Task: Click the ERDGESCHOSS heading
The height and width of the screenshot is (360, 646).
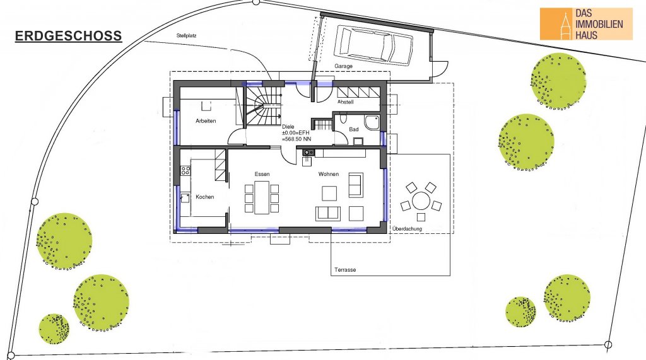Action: pyautogui.click(x=68, y=36)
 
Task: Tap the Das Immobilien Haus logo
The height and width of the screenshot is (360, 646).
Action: pyautogui.click(x=586, y=24)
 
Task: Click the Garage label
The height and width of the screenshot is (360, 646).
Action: pyautogui.click(x=343, y=66)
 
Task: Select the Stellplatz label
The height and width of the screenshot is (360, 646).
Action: pyautogui.click(x=186, y=36)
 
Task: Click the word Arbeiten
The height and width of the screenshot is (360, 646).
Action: pyautogui.click(x=206, y=120)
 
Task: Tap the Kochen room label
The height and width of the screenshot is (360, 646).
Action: pyautogui.click(x=205, y=197)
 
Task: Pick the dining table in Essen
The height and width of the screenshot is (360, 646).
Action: pyautogui.click(x=262, y=197)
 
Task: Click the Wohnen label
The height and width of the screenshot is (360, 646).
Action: pyautogui.click(x=328, y=174)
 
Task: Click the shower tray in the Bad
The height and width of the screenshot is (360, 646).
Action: pyautogui.click(x=372, y=122)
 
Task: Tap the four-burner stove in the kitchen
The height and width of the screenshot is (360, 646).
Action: pyautogui.click(x=185, y=170)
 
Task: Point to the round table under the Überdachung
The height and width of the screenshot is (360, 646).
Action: pyautogui.click(x=421, y=201)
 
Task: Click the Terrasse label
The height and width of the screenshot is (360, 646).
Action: pyautogui.click(x=345, y=270)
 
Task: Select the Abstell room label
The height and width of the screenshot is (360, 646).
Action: pyautogui.click(x=345, y=102)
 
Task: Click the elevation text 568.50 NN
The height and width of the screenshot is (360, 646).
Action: pyautogui.click(x=297, y=139)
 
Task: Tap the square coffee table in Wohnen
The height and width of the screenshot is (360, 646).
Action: pyautogui.click(x=329, y=193)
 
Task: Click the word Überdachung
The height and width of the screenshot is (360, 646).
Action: pyautogui.click(x=407, y=229)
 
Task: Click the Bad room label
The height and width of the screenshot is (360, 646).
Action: pyautogui.click(x=354, y=129)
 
